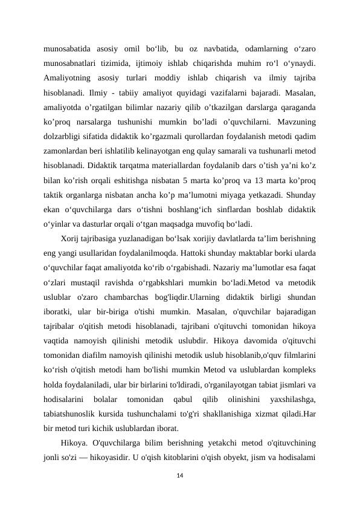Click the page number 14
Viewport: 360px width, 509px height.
180,475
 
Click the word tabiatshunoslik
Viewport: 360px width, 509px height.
71,414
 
